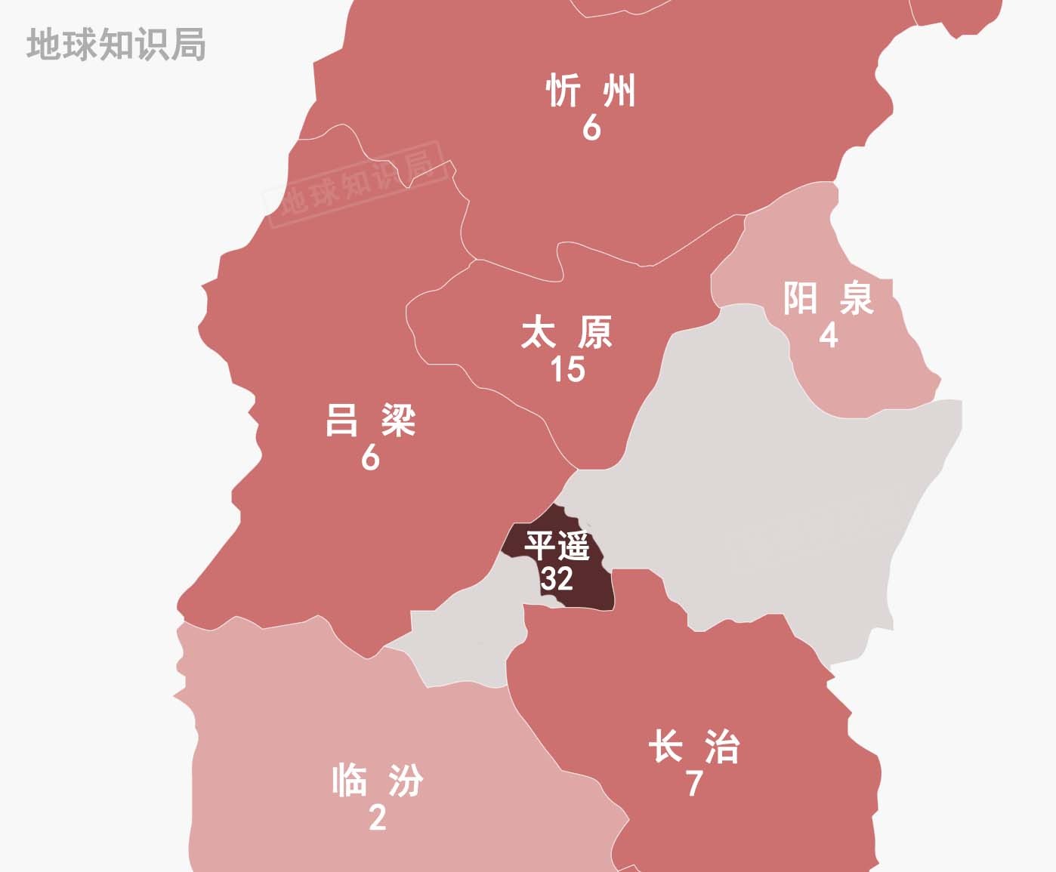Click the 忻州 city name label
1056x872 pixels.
(x=591, y=91)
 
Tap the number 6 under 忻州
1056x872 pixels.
(x=591, y=128)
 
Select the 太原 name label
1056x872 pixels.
(x=567, y=333)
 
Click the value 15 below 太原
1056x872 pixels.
(x=567, y=369)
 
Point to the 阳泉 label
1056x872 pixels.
(x=829, y=297)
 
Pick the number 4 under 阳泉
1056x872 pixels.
(x=829, y=334)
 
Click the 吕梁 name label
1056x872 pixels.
(x=370, y=421)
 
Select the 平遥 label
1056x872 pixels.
(x=557, y=546)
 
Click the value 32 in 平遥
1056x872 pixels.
(x=557, y=579)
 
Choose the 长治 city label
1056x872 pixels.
(x=694, y=747)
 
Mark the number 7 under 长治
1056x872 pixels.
(x=694, y=784)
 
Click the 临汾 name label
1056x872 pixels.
(x=378, y=781)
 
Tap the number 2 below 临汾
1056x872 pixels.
(x=378, y=817)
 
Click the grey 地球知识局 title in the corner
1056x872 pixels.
(x=116, y=45)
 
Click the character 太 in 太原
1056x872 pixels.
(x=539, y=333)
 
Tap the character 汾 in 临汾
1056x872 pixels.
(x=406, y=781)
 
